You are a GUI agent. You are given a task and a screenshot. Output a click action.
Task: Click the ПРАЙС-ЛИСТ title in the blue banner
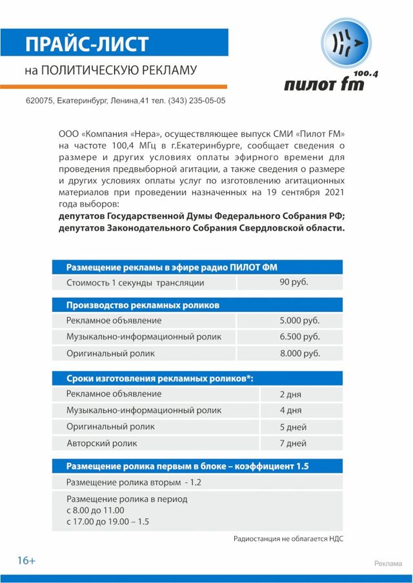pos(86,44)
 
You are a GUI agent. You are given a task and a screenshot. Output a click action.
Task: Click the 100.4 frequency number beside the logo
pos(366,74)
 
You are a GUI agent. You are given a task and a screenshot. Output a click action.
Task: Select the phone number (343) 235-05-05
pos(197,101)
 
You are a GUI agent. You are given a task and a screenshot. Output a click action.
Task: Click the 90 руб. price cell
pos(294,282)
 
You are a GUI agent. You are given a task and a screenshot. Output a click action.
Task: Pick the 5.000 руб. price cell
pos(299,320)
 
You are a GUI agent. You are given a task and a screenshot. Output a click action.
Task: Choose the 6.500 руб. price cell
pos(299,337)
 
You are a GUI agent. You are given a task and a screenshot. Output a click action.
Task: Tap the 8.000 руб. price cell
pos(299,354)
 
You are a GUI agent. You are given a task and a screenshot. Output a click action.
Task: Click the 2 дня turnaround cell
pos(290,394)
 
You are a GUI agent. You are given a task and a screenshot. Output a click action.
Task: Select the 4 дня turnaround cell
pos(290,411)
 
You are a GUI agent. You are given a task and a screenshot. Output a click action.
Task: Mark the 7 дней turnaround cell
pos(293,444)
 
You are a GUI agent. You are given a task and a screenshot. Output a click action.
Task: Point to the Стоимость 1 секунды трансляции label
pos(136,283)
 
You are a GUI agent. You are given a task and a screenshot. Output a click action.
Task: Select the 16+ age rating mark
pos(26,560)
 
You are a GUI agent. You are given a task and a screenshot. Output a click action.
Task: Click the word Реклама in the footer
pos(388,564)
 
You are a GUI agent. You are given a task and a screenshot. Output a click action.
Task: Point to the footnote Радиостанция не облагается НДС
pos(288,538)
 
